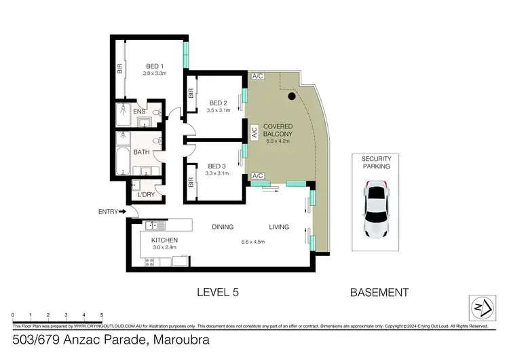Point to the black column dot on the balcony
tap(291, 97)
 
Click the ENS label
tap(139, 112)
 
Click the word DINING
tap(223, 227)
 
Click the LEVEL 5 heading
tap(217, 293)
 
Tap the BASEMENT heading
tap(379, 293)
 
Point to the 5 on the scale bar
tap(102, 315)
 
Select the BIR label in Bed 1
tap(120, 69)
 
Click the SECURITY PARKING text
tap(376, 162)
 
